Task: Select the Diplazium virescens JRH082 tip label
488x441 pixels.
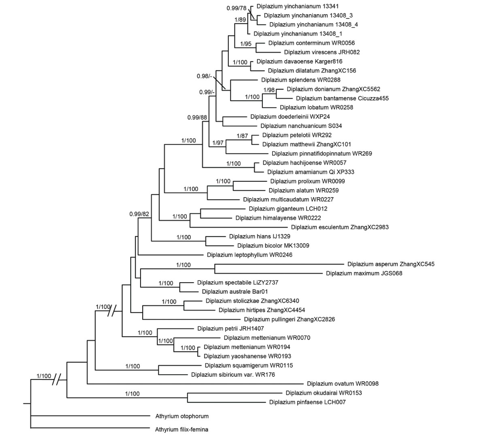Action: point(322,52)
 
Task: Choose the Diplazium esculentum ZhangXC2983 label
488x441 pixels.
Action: point(339,227)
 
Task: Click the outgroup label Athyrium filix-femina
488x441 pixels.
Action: point(181,429)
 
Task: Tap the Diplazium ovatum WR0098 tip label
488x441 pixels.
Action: point(343,383)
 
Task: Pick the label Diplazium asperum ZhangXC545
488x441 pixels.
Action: point(390,264)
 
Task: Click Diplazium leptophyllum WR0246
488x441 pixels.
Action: point(249,255)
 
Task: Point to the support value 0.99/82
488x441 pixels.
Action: point(140,213)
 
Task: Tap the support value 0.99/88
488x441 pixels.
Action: point(197,117)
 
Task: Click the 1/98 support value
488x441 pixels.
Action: point(269,89)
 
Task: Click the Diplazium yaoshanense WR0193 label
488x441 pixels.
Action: point(247,356)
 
